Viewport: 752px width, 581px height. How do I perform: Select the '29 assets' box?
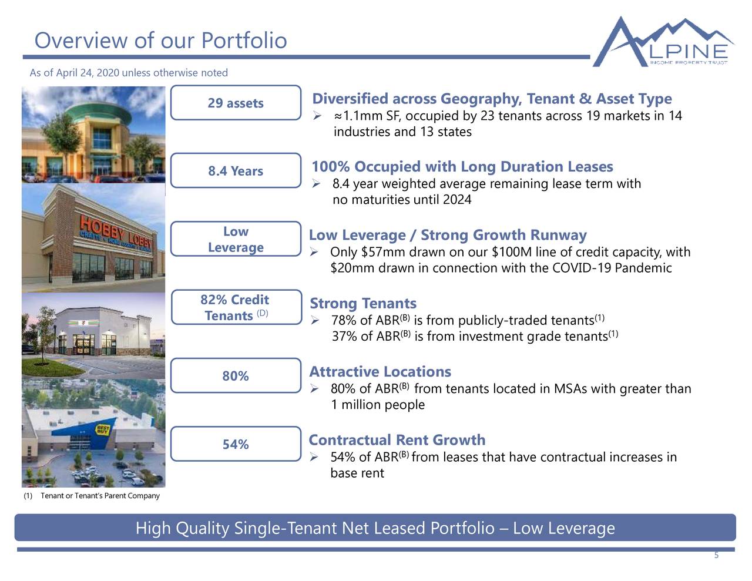pyautogui.click(x=236, y=103)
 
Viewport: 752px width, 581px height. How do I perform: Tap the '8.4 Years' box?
pyautogui.click(x=236, y=171)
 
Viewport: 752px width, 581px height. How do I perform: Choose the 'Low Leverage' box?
pyautogui.click(x=236, y=239)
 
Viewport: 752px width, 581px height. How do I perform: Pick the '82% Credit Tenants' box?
pyautogui.click(x=236, y=307)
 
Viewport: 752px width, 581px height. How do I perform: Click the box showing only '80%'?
pyautogui.click(x=236, y=376)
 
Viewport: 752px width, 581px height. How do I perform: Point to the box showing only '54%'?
pyautogui.click(x=236, y=444)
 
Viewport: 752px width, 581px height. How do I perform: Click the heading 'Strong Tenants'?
pyautogui.click(x=362, y=303)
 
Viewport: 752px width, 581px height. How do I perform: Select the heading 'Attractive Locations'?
pyautogui.click(x=380, y=372)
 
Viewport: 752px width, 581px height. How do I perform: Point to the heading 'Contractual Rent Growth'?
pyautogui.click(x=397, y=440)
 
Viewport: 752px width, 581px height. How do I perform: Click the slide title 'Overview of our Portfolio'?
pyautogui.click(x=160, y=41)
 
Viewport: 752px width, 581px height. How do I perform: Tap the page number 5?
pyautogui.click(x=716, y=556)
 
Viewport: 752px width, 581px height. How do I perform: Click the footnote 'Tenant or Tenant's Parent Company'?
pyautogui.click(x=100, y=496)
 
